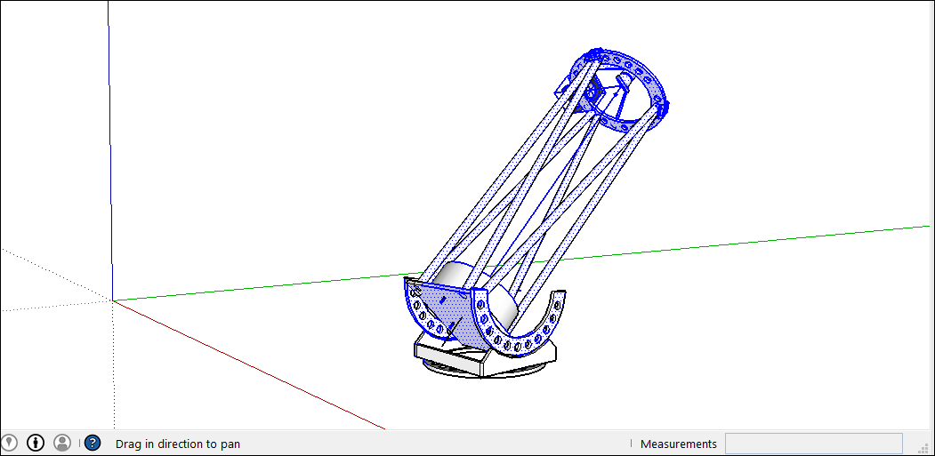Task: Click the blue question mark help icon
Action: pos(93,443)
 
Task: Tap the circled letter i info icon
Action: pos(36,443)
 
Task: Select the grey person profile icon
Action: pos(62,443)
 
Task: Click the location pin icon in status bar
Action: pos(9,443)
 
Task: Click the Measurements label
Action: pos(678,444)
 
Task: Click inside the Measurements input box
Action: pos(813,444)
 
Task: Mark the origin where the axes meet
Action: pos(113,301)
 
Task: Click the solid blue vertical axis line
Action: pos(110,133)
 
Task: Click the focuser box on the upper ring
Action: pos(568,86)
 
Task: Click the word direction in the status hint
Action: pos(182,444)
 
